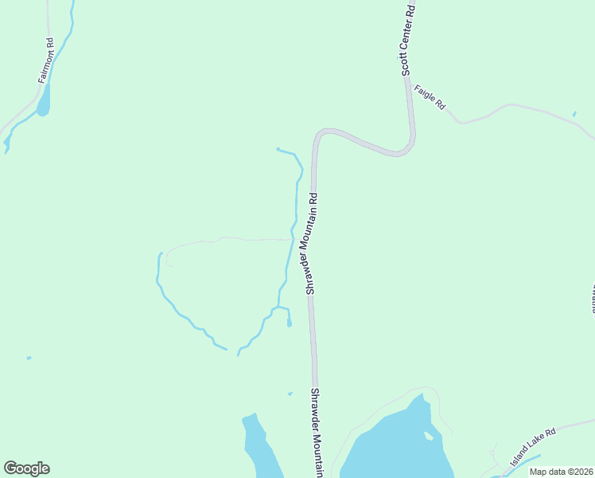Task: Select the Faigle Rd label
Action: pos(430,97)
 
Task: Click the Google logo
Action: pos(26,468)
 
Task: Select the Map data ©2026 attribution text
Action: pos(562,472)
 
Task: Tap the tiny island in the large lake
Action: pos(429,436)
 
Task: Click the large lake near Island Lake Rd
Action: pos(398,446)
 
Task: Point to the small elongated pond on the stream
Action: pos(289,322)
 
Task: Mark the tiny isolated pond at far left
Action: pos(29,358)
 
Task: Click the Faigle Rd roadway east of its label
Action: pos(509,106)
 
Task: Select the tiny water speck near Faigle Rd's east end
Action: pos(574,113)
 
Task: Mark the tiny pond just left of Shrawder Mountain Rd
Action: pos(290,393)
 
